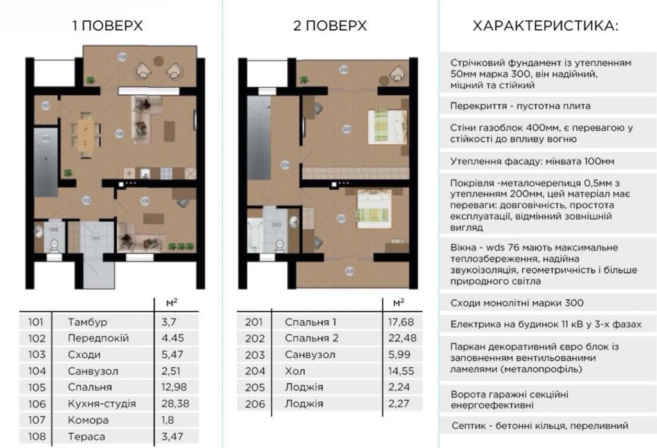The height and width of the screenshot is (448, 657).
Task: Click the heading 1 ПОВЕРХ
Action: (107, 26)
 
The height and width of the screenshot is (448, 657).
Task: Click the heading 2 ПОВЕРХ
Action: (330, 26)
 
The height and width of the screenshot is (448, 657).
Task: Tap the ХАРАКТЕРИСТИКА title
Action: (545, 26)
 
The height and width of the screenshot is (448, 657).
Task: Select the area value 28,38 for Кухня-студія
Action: (175, 404)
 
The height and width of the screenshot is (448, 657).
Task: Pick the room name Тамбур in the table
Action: (87, 322)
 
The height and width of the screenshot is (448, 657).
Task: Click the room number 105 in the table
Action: (37, 387)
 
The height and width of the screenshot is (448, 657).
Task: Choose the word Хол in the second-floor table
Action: (295, 371)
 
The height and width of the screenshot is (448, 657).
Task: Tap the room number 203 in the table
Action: (255, 354)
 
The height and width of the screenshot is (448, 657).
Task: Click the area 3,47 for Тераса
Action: (172, 436)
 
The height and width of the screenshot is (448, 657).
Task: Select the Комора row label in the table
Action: (88, 420)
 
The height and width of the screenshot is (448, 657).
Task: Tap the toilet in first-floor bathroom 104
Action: (54, 244)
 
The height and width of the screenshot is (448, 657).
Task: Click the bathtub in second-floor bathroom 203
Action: (255, 235)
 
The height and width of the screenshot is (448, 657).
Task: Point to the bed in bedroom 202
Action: (388, 126)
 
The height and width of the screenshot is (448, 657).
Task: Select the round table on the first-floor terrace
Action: (158, 61)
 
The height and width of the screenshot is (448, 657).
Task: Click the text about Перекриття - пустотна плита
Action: (520, 106)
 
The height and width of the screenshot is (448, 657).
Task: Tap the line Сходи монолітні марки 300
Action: (517, 303)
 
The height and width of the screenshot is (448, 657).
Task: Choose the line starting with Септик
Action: (540, 426)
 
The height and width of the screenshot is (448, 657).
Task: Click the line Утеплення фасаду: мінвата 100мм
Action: (532, 162)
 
